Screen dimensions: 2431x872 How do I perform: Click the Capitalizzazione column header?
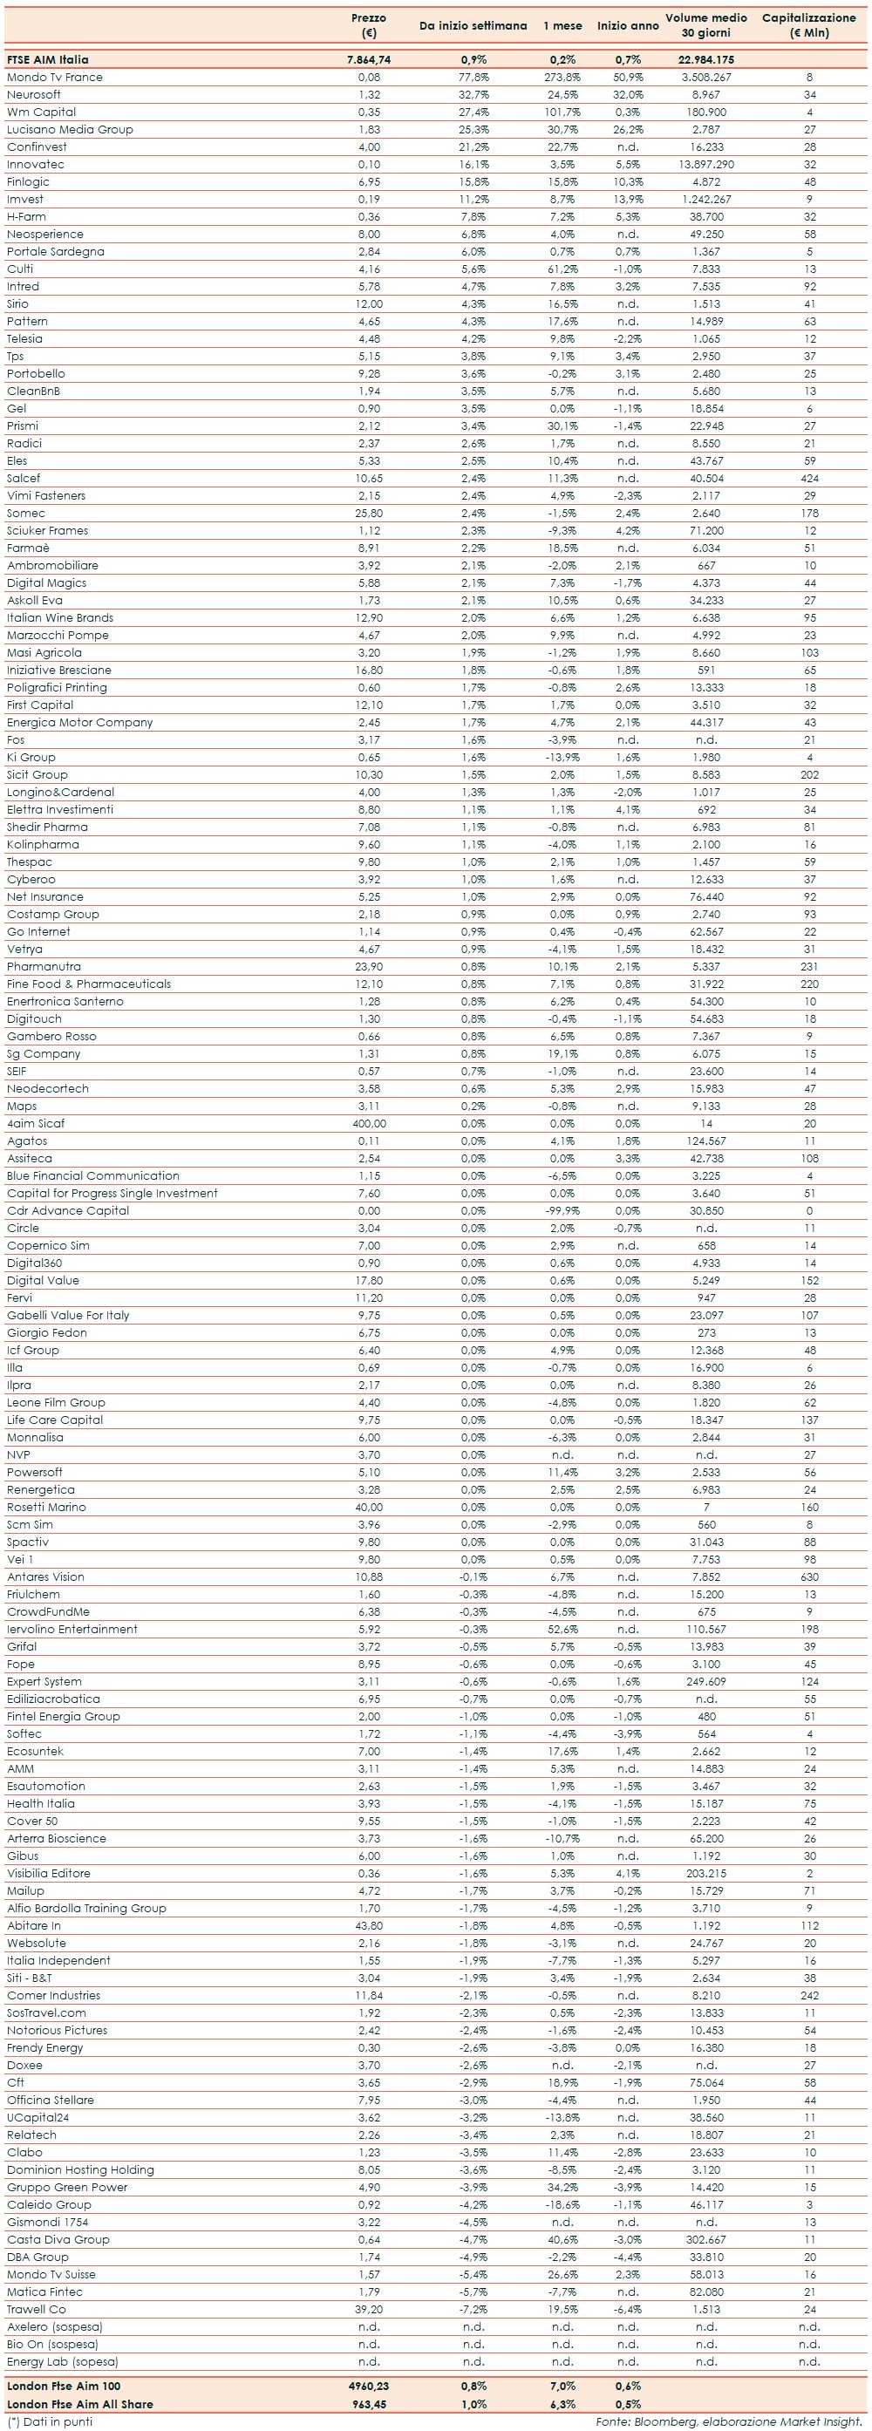click(808, 25)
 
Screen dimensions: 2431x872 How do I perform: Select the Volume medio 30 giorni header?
click(706, 25)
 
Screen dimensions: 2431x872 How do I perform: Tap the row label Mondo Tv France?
click(55, 78)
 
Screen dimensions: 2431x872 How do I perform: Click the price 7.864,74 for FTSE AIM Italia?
click(368, 59)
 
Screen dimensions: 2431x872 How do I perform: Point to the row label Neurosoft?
click(34, 94)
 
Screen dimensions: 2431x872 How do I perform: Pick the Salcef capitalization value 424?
click(808, 479)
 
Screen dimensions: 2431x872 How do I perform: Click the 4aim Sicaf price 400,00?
click(368, 1124)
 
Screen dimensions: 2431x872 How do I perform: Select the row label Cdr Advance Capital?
click(68, 1211)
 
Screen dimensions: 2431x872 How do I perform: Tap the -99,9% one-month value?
click(562, 1211)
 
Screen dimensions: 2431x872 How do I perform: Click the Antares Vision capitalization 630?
click(808, 1577)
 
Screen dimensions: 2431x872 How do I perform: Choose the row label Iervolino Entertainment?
click(72, 1629)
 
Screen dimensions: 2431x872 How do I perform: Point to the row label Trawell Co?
click(37, 2309)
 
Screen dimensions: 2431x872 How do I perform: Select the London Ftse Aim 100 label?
click(64, 2386)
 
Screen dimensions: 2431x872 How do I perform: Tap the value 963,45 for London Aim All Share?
click(368, 2404)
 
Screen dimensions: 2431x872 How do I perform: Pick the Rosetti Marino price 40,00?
click(368, 1507)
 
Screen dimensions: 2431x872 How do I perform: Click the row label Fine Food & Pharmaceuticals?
click(89, 984)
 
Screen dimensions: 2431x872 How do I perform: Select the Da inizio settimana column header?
click(473, 25)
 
